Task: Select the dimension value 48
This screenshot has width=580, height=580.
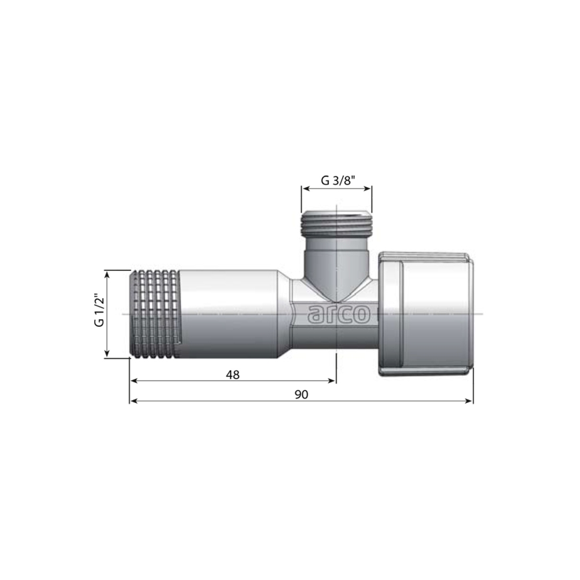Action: pos(233,375)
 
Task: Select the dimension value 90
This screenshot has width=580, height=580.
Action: pos(301,395)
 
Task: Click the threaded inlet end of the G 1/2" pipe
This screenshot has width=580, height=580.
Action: pos(154,313)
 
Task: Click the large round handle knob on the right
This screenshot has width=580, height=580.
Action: pos(426,312)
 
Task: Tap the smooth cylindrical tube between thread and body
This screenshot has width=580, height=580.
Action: pos(227,313)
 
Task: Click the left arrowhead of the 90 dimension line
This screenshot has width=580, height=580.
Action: pos(133,401)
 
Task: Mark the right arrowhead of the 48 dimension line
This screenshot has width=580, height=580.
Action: pos(332,381)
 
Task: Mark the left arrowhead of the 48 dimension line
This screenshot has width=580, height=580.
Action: pos(133,381)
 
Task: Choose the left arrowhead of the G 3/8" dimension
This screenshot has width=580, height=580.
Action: pos(305,189)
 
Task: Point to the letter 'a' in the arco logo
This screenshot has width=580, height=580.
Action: pos(313,313)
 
